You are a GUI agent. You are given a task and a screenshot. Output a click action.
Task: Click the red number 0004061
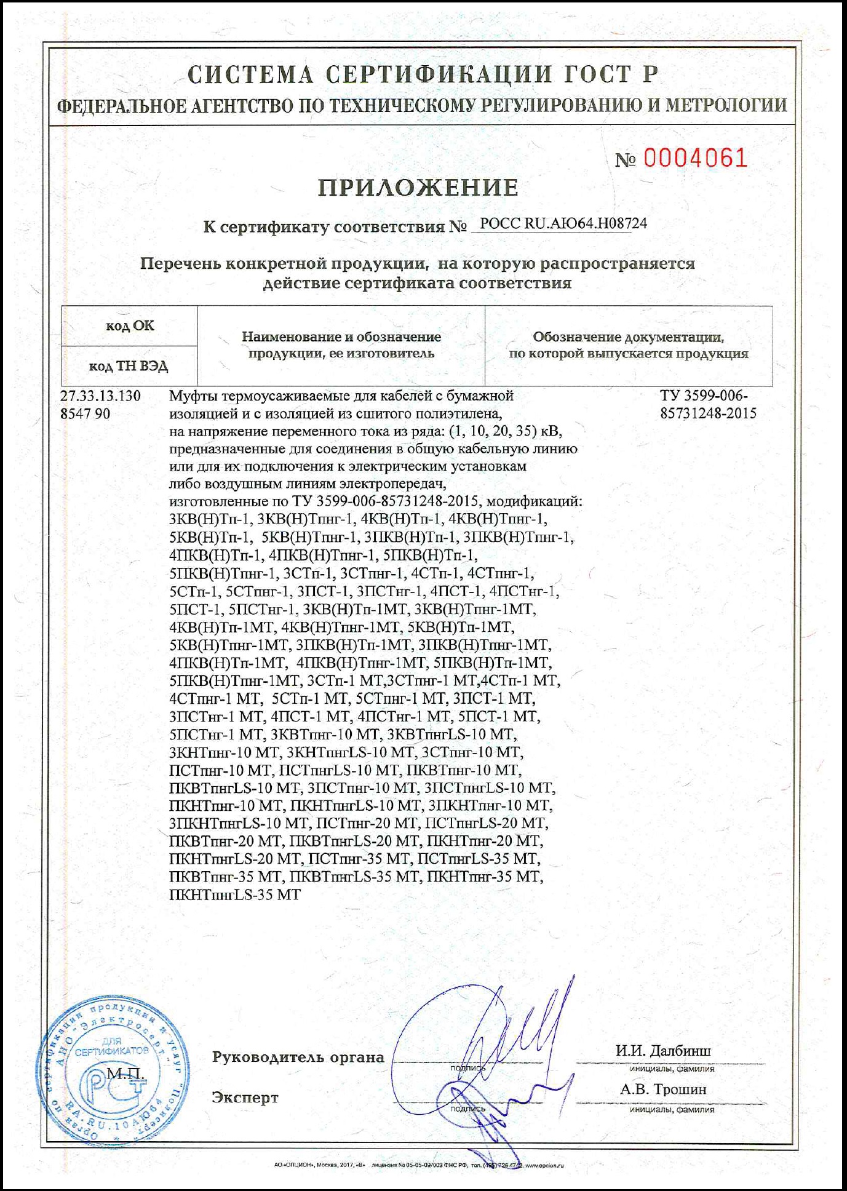pyautogui.click(x=695, y=159)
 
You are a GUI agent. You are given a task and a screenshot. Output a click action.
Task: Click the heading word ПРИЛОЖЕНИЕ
pyautogui.click(x=418, y=188)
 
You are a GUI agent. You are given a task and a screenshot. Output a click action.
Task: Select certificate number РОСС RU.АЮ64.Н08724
pyautogui.click(x=563, y=223)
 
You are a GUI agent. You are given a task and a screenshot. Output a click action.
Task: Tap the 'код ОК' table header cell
pyautogui.click(x=130, y=326)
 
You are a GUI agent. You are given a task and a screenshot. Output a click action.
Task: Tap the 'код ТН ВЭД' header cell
pyautogui.click(x=129, y=367)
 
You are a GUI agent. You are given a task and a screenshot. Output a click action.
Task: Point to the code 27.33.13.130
pyautogui.click(x=100, y=396)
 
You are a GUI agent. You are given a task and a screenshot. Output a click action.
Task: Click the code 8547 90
pyautogui.click(x=85, y=413)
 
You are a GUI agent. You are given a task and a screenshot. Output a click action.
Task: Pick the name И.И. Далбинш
pyautogui.click(x=663, y=1051)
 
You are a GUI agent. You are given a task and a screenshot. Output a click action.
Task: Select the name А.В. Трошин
pyautogui.click(x=663, y=1089)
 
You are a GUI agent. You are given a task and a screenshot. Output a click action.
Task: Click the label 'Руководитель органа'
pyautogui.click(x=298, y=1058)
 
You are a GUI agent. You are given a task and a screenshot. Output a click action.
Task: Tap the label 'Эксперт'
pyautogui.click(x=245, y=1097)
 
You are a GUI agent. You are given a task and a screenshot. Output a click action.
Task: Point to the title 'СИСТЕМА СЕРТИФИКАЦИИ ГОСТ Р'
pyautogui.click(x=423, y=75)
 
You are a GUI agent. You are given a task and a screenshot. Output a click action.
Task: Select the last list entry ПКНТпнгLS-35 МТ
pyautogui.click(x=235, y=894)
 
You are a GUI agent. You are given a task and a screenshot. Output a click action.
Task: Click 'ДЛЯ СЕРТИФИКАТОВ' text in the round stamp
pyautogui.click(x=112, y=1046)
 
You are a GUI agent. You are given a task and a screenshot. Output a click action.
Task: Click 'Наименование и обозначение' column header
pyautogui.click(x=341, y=337)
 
